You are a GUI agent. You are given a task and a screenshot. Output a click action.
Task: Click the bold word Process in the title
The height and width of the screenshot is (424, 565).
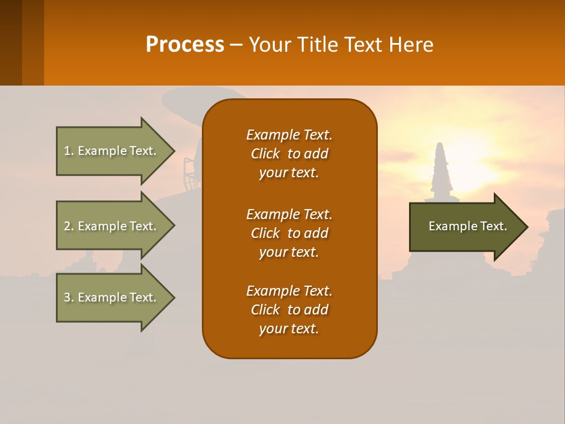tap(185, 45)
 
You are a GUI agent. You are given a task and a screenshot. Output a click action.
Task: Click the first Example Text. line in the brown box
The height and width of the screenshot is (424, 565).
tap(289, 135)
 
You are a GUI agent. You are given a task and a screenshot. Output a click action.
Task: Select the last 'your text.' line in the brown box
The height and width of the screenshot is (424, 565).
tap(289, 329)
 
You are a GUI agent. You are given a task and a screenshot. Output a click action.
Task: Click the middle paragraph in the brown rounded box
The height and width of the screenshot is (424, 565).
tap(289, 233)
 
